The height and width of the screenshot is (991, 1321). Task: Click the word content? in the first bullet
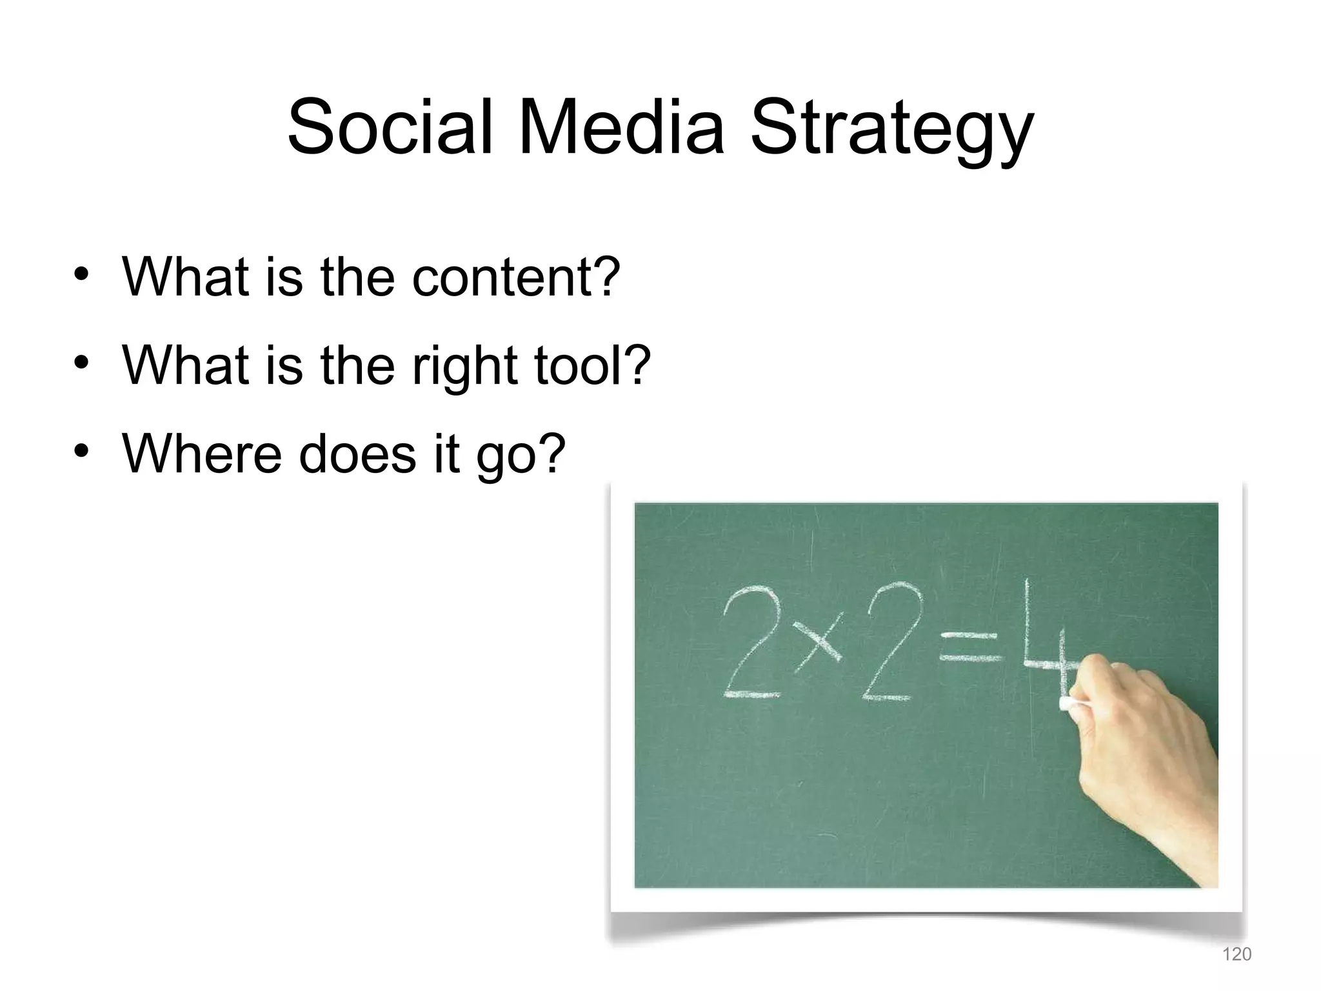tap(515, 277)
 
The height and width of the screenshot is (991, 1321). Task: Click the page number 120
tap(1237, 954)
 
